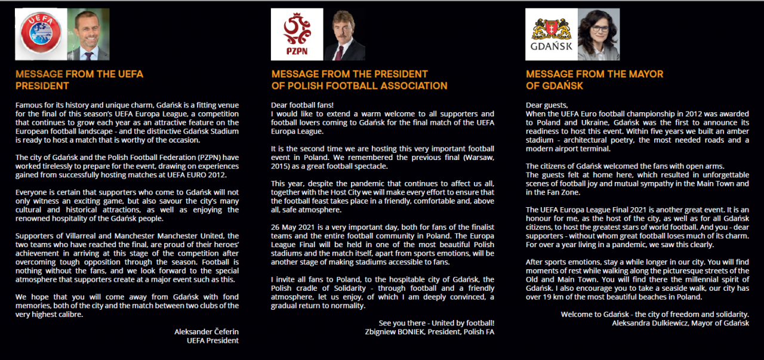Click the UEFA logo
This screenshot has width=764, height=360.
[x=41, y=35]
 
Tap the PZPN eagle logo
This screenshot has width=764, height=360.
[x=297, y=34]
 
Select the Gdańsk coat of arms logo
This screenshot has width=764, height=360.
[x=551, y=34]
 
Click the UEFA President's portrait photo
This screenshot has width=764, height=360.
[x=88, y=35]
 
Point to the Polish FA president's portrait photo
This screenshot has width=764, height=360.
[x=344, y=35]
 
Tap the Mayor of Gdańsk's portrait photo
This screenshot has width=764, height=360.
[x=598, y=35]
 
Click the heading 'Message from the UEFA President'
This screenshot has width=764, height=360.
[x=79, y=80]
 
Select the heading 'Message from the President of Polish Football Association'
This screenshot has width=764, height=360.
[x=359, y=80]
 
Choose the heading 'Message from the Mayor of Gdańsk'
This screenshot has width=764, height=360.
[x=594, y=80]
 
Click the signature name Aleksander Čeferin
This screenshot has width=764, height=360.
[x=207, y=331]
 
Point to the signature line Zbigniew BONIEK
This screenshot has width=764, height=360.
[x=429, y=333]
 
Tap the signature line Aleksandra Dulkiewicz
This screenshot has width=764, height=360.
[x=680, y=323]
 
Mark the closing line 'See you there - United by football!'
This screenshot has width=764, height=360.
[x=436, y=324]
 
